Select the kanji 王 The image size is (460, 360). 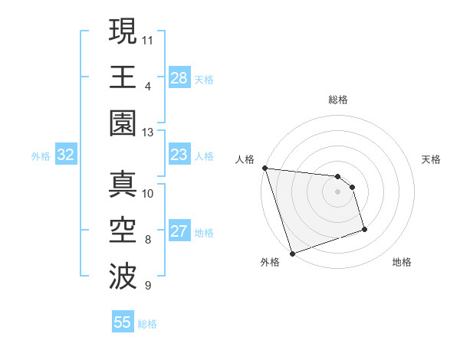pyautogui.click(x=123, y=77)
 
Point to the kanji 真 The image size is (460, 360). pyautogui.click(x=123, y=185)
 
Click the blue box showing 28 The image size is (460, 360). pyautogui.click(x=179, y=77)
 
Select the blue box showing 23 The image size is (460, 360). pyautogui.click(x=179, y=155)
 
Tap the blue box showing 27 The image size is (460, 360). pyautogui.click(x=179, y=231)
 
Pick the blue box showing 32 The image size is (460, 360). pyautogui.click(x=65, y=155)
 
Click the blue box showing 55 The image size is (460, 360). pyautogui.click(x=123, y=322)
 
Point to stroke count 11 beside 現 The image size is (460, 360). pyautogui.click(x=148, y=38)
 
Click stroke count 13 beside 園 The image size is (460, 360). pyautogui.click(x=148, y=132)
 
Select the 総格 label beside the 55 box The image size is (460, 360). pyautogui.click(x=147, y=324)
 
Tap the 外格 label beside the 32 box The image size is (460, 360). pyautogui.click(x=41, y=156)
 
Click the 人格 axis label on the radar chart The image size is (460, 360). pyautogui.click(x=245, y=159)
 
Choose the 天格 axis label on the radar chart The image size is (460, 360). pyautogui.click(x=431, y=159)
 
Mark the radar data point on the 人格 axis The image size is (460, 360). pyautogui.click(x=264, y=168)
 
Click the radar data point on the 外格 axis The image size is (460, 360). pyautogui.click(x=292, y=253)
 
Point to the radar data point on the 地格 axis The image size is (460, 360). pyautogui.click(x=364, y=229)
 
